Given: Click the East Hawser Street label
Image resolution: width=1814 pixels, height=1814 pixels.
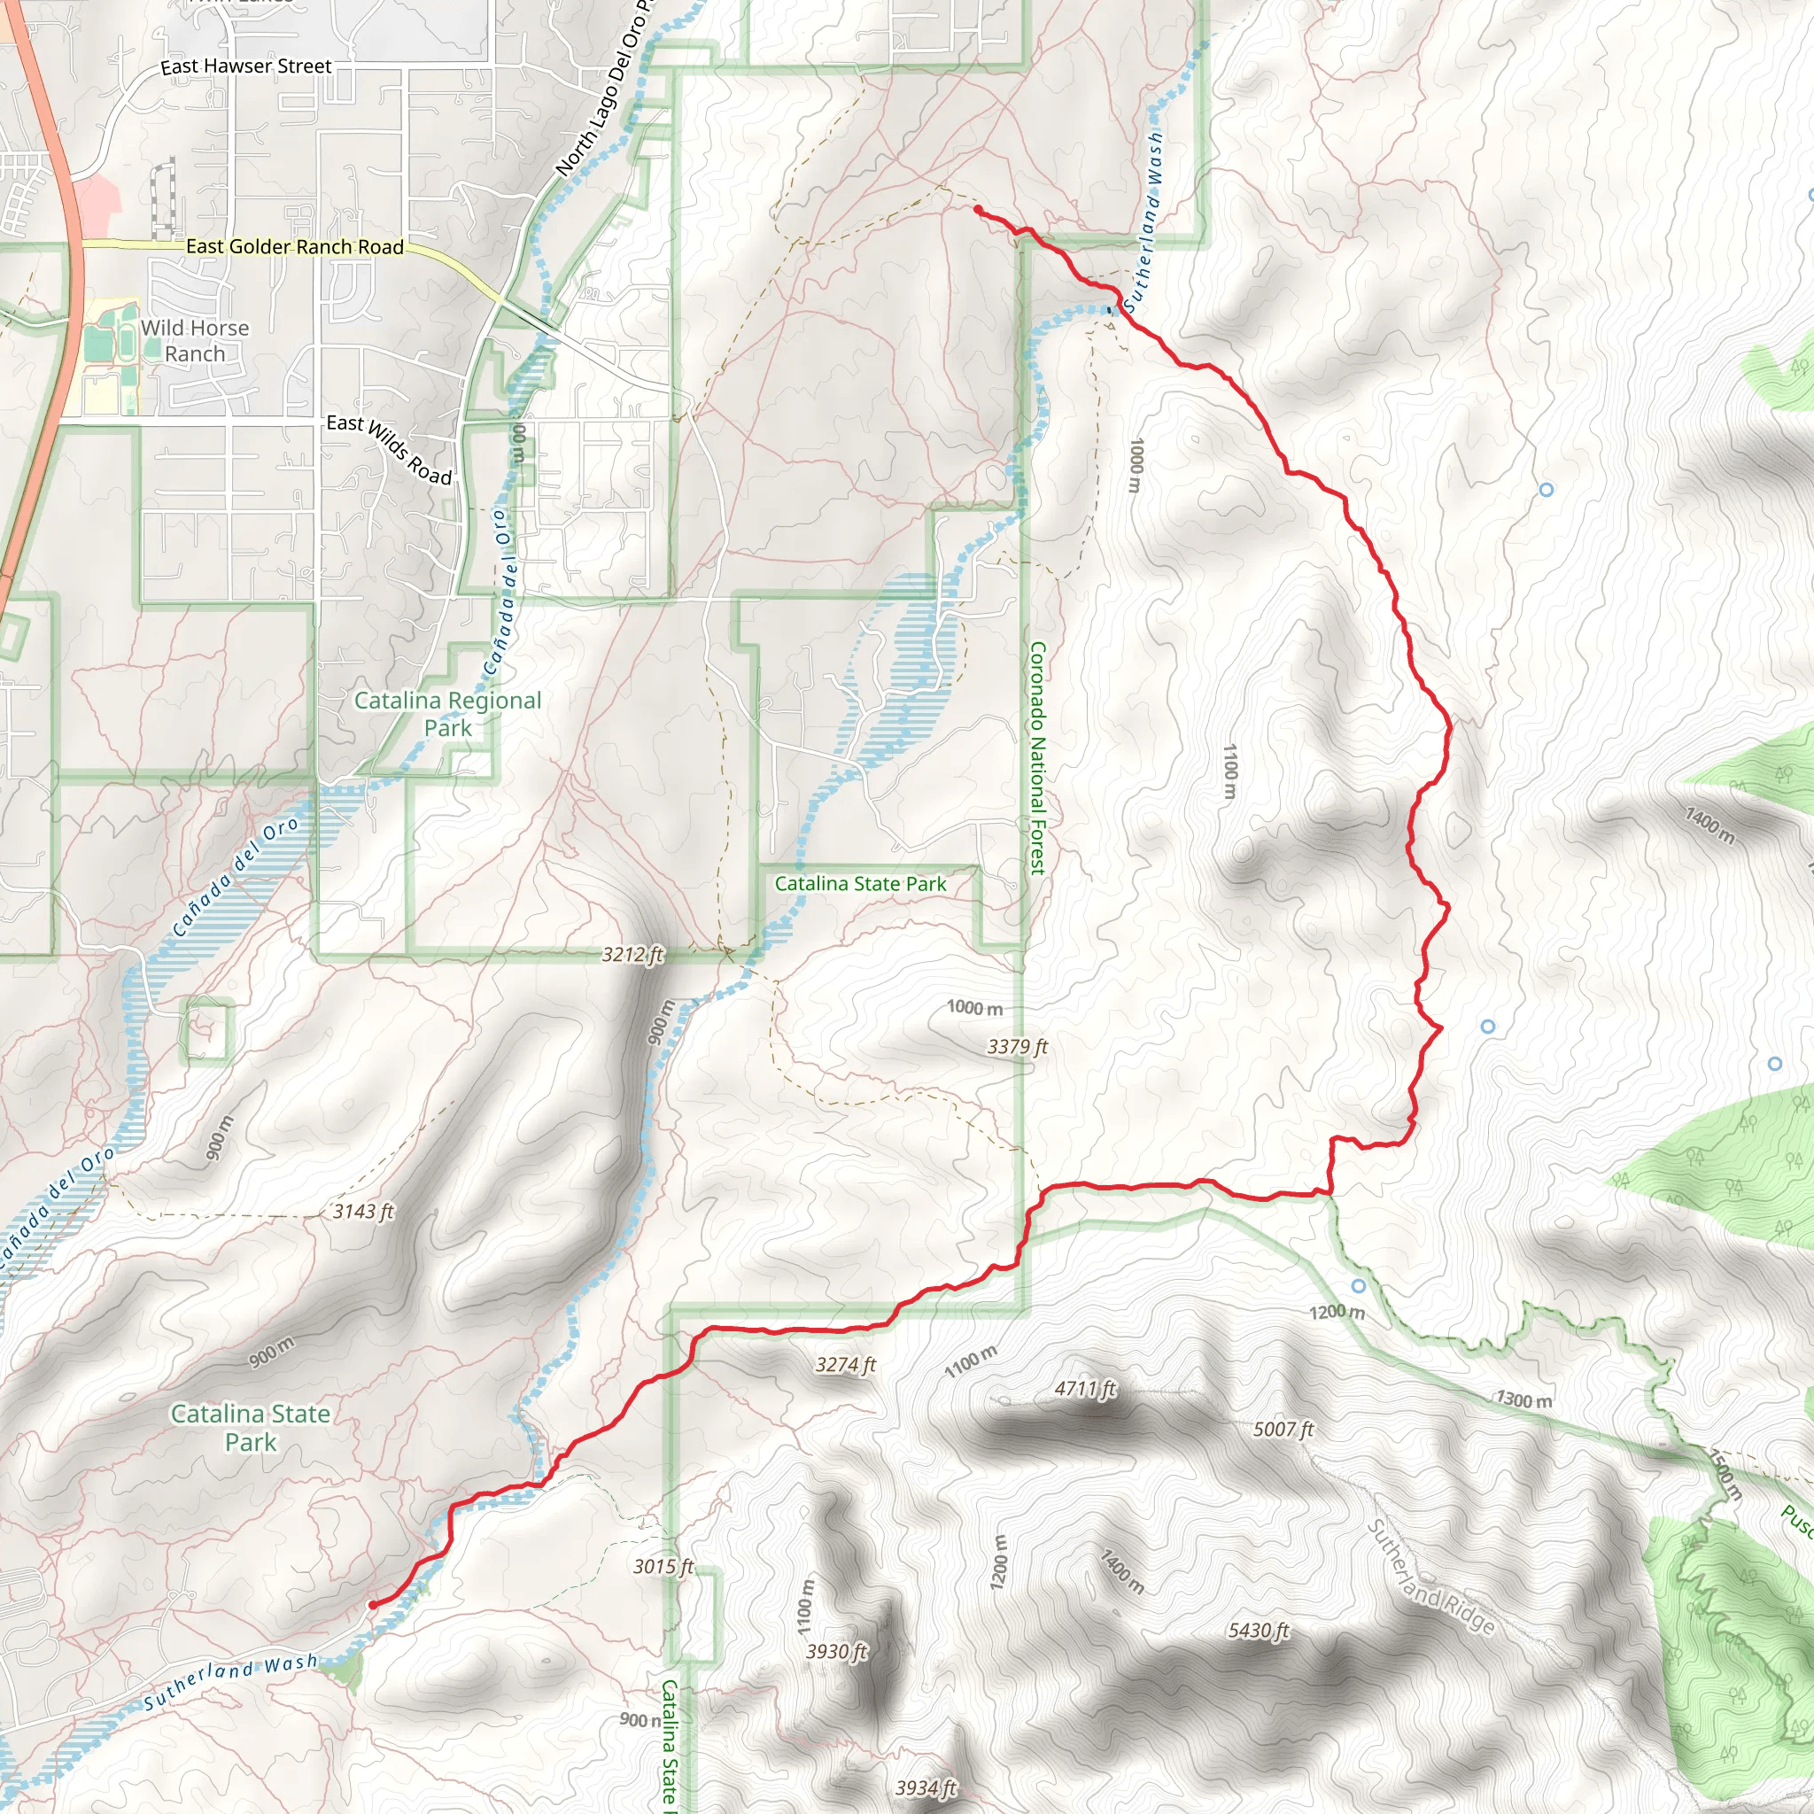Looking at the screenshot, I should (246, 66).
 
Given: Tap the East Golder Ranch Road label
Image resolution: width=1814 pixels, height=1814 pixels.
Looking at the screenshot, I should (295, 247).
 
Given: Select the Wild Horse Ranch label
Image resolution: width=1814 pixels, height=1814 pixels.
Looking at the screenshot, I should (195, 341).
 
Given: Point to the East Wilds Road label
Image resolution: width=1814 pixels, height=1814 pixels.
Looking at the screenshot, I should (390, 450).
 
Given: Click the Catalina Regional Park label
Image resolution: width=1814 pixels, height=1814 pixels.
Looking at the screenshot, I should (448, 714).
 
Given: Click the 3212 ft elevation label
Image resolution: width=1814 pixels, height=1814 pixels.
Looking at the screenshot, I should (632, 955).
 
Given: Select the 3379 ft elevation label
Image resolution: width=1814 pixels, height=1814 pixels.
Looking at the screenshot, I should (1017, 1047).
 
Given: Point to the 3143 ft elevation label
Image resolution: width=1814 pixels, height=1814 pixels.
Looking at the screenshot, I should (363, 1211).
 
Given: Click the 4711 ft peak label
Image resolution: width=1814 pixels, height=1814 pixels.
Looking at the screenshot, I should (1085, 1388).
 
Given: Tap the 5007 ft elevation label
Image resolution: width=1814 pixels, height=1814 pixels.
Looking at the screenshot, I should (1283, 1429).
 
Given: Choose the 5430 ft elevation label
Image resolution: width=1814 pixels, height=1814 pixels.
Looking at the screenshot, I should (1258, 1631).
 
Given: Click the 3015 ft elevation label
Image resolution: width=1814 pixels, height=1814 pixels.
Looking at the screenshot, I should (663, 1566).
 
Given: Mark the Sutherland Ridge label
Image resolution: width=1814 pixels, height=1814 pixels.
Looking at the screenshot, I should (1429, 1577).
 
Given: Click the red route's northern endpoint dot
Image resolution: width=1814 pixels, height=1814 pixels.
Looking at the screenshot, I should (979, 209).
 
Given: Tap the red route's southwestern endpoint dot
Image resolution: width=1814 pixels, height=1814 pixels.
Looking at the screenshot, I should (373, 1605).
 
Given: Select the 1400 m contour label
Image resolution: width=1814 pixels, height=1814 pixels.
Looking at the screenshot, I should (1709, 826).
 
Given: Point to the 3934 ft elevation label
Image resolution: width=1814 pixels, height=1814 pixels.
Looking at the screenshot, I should (926, 1787).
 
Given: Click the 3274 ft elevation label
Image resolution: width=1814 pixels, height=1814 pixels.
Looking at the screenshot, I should (845, 1365).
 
